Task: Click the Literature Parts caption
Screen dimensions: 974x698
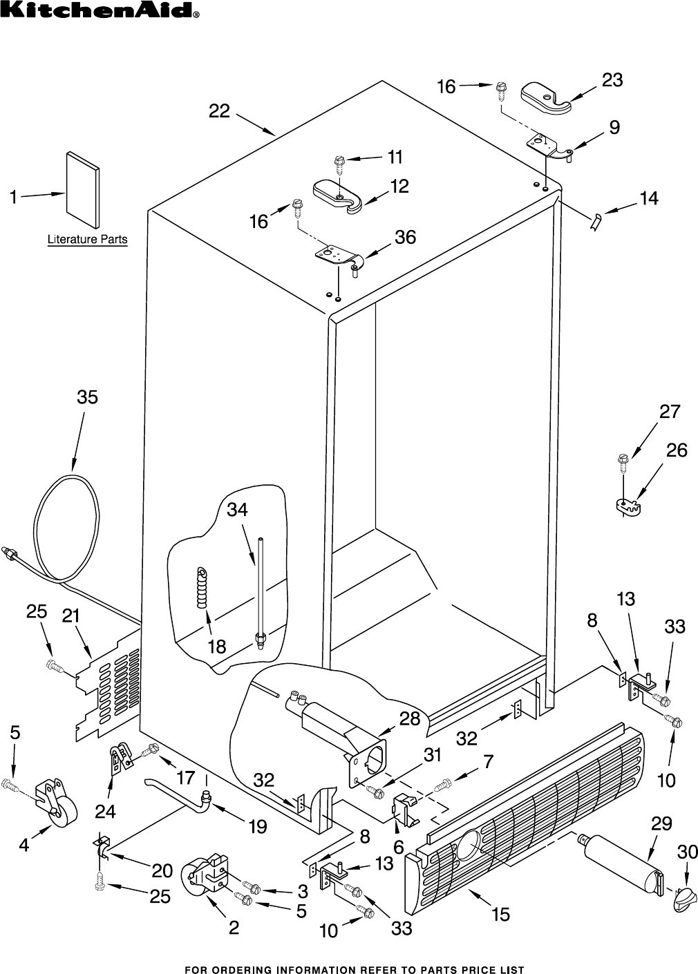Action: (87, 240)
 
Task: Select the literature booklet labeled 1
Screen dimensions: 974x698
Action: (82, 189)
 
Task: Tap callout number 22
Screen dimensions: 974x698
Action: (219, 111)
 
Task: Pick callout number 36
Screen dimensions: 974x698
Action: (405, 237)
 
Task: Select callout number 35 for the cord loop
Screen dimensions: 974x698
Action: (87, 397)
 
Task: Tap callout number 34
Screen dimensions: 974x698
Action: (237, 509)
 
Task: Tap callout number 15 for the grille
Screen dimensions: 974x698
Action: (500, 914)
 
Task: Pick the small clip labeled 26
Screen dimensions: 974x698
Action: (629, 506)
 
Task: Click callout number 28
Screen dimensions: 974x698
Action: (409, 718)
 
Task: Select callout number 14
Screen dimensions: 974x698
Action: (648, 199)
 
